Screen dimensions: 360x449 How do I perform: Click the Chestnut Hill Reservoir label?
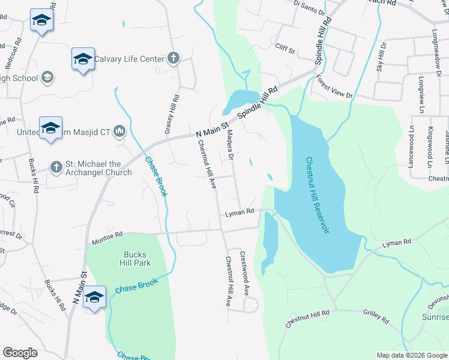coord(318,196)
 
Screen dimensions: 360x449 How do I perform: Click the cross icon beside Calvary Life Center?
coord(173,58)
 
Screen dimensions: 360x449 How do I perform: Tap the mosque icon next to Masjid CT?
coord(119,131)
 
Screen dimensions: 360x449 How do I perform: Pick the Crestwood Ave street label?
coord(245,272)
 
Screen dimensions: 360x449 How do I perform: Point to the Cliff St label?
coord(285,49)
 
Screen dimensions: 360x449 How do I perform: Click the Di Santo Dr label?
coord(309,8)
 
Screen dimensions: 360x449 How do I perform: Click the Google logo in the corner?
coord(20,352)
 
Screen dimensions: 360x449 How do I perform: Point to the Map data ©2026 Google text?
coord(411,355)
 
